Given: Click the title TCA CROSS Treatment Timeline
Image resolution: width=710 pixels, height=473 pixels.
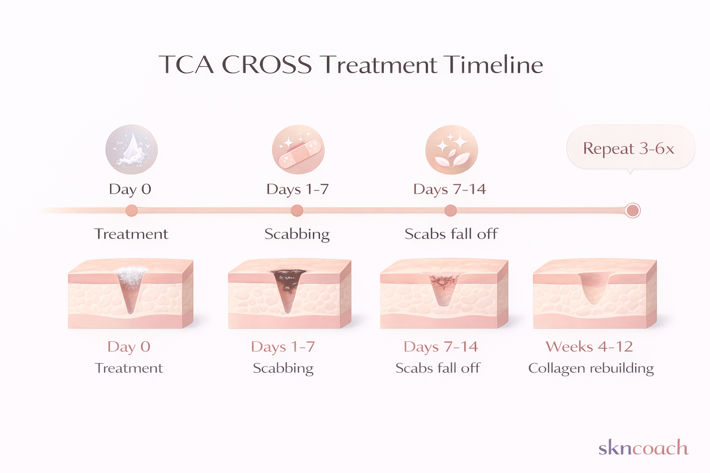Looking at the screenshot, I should pos(350,65).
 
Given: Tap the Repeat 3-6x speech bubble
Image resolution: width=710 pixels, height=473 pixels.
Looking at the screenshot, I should pos(630,148).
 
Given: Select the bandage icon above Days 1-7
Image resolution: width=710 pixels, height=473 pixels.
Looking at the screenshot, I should pos(298,149).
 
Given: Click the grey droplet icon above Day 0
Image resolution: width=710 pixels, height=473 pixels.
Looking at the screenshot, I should pos(132,149).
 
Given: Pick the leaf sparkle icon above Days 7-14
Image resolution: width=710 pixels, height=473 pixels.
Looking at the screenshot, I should pos(451,149).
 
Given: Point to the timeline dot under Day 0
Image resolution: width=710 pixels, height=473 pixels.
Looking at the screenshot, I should pos(132,211).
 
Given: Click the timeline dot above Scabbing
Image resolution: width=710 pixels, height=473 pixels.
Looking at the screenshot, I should pos(297,211).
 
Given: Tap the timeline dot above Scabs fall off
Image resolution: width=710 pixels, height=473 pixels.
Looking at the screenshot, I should pos(451,211).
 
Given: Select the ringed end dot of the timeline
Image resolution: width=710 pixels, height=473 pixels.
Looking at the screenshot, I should pos(632,211).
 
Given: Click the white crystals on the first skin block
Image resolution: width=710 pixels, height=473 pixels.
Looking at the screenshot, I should pos(132,276).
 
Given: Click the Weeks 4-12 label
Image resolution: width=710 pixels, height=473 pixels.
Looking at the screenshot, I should pos(589,346).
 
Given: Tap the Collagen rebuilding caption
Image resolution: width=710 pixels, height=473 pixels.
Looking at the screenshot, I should pos(591,368).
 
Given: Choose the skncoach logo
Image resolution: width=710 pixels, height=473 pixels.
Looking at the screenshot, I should pos(643,448).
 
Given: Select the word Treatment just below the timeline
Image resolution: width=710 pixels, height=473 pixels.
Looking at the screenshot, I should pos(131,234).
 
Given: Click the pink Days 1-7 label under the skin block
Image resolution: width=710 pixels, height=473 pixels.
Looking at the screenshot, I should pos(283,346).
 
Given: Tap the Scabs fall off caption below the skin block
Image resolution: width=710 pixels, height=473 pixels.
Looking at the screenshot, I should pos(438,368).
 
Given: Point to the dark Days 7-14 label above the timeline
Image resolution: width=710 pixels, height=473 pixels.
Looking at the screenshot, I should pos(449,189).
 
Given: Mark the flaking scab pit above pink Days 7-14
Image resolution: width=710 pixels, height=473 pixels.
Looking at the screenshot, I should pos(443,284).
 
